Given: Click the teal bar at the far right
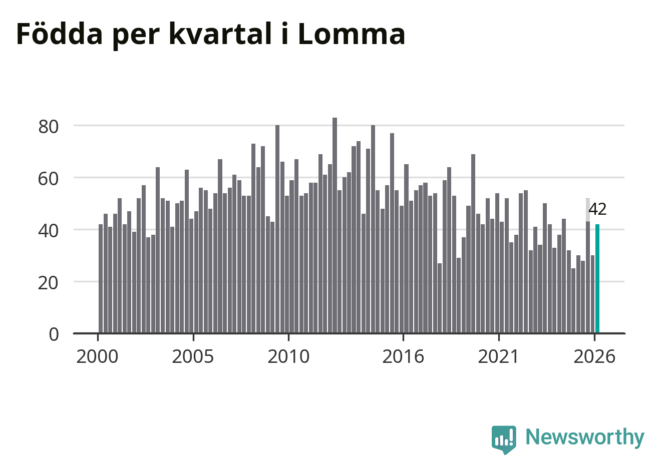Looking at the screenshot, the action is pyautogui.click(x=597, y=279).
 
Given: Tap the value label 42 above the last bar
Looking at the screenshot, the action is pyautogui.click(x=597, y=209).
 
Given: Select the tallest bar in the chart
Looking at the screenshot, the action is pyautogui.click(x=335, y=225).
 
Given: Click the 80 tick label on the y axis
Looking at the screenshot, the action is pyautogui.click(x=49, y=127).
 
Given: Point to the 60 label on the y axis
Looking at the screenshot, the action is pyautogui.click(x=49, y=179).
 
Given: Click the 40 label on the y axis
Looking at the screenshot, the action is pyautogui.click(x=49, y=231).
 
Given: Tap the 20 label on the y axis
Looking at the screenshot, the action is pyautogui.click(x=49, y=283).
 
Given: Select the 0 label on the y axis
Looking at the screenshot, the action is pyautogui.click(x=54, y=335).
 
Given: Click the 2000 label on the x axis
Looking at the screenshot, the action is pyautogui.click(x=97, y=356).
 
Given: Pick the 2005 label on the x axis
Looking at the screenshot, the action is pyautogui.click(x=193, y=356).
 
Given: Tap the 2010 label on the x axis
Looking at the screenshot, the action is pyautogui.click(x=288, y=356).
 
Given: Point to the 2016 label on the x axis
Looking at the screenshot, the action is pyautogui.click(x=403, y=356).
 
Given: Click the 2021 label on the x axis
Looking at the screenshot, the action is pyautogui.click(x=499, y=356).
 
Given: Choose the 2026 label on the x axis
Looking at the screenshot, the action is pyautogui.click(x=594, y=356).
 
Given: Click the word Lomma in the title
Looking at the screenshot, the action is pyautogui.click(x=352, y=34).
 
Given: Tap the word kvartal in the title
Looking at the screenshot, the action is pyautogui.click(x=220, y=34).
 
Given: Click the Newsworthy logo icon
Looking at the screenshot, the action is pyautogui.click(x=504, y=439).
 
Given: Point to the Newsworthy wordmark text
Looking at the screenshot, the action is pyautogui.click(x=585, y=437).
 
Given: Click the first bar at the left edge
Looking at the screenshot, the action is pyautogui.click(x=101, y=279).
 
